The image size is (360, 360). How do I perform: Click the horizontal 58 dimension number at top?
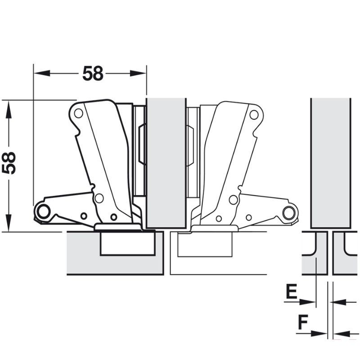pos(93,74)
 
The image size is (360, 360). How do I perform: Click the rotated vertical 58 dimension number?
pos(9,163)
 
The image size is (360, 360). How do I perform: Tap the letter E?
pos(291,292)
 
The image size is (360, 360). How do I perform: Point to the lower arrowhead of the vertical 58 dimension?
pos(8,223)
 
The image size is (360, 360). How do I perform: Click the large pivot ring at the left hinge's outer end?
pos(43,211)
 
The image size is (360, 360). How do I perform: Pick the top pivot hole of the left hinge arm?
pos(78,113)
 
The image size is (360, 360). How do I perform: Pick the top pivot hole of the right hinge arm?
pos(254,114)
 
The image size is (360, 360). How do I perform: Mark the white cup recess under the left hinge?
pos(127,243)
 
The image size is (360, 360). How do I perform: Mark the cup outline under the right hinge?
pos(204,245)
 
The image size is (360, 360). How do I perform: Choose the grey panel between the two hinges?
pos(166,162)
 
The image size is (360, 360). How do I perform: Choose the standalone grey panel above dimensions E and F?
pos(330,162)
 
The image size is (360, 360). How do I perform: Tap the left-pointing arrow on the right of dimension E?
pos(340,302)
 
